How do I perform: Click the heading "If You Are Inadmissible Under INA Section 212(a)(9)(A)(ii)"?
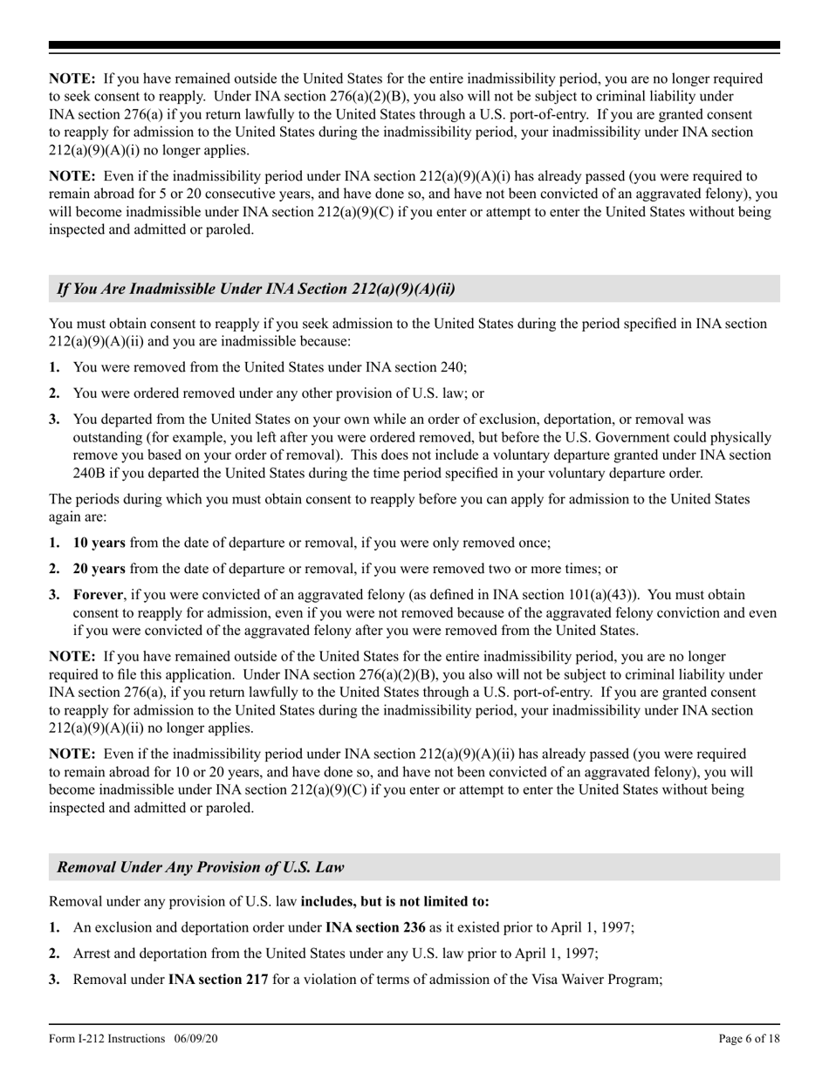click(x=256, y=289)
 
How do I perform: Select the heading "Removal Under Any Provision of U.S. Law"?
click(x=200, y=867)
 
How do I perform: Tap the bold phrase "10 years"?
click(x=99, y=543)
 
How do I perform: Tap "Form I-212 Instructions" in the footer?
click(x=107, y=1038)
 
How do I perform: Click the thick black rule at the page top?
click(x=414, y=44)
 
